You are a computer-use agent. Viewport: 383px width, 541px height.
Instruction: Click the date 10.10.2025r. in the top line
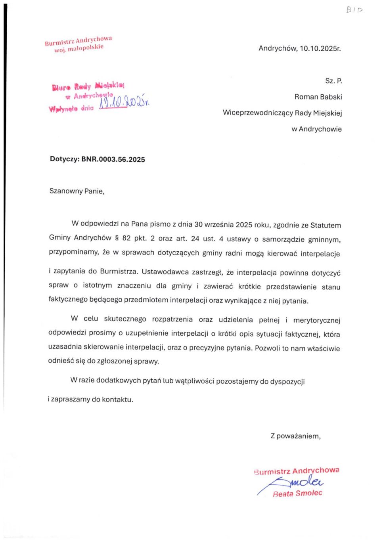pos(320,49)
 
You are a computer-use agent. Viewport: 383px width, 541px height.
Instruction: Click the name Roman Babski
pos(318,97)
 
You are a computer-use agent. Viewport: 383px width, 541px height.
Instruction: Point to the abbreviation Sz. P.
pos(333,81)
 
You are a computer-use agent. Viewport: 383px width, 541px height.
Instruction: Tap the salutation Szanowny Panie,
pos(77,191)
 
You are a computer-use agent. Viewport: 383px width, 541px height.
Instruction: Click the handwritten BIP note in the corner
pos(354,10)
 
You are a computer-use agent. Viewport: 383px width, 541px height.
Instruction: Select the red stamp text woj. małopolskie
pos(79,48)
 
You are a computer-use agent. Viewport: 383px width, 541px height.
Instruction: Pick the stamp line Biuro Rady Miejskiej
pos(88,86)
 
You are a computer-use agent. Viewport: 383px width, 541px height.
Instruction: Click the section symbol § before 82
pos(117,238)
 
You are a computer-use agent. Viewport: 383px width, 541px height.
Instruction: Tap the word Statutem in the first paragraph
pos(326,225)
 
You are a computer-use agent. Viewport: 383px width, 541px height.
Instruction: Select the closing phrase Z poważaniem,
pos(295,436)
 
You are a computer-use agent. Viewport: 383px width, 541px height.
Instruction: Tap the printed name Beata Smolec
pos(297,493)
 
